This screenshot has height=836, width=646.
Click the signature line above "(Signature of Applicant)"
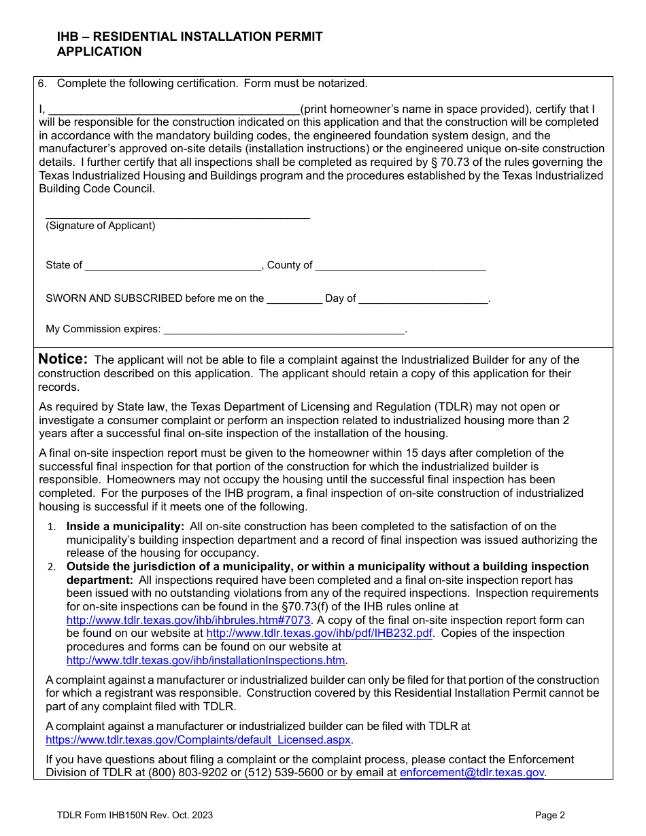[177, 217]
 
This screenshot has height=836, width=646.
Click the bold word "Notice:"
[63, 359]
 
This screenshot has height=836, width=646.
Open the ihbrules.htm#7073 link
[188, 620]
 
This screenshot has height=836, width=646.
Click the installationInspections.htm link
[206, 660]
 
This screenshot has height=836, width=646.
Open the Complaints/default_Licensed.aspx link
[198, 739]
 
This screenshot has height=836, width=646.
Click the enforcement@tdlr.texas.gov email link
[472, 772]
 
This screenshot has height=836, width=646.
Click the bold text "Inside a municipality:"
[125, 526]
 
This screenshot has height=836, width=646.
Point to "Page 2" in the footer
[549, 815]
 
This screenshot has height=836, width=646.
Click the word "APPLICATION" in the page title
[99, 52]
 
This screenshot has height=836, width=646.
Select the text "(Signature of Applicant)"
[101, 226]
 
